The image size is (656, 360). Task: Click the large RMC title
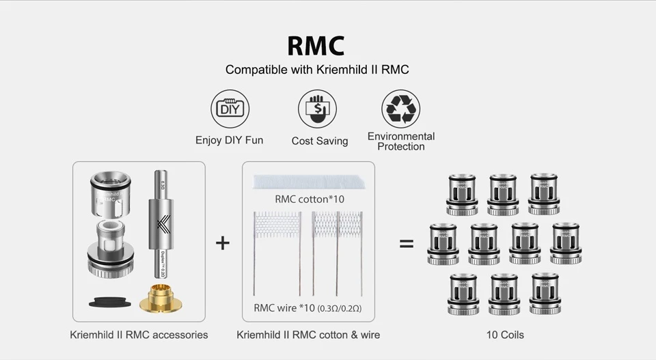click(316, 45)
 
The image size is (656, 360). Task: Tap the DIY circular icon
click(230, 109)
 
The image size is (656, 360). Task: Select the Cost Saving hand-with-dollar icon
click(317, 109)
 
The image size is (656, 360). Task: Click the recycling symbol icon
click(400, 109)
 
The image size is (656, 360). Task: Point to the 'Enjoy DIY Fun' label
click(229, 140)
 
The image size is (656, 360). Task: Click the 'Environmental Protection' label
click(401, 141)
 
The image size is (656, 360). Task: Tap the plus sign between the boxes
click(223, 243)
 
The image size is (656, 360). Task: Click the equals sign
click(407, 243)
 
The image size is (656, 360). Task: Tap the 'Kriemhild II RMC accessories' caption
click(139, 335)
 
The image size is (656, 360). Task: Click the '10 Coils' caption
click(505, 335)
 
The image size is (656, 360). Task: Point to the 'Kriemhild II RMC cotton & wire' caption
click(308, 335)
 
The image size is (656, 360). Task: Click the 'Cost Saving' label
click(320, 141)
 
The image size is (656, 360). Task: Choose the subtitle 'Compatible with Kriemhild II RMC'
click(317, 70)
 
